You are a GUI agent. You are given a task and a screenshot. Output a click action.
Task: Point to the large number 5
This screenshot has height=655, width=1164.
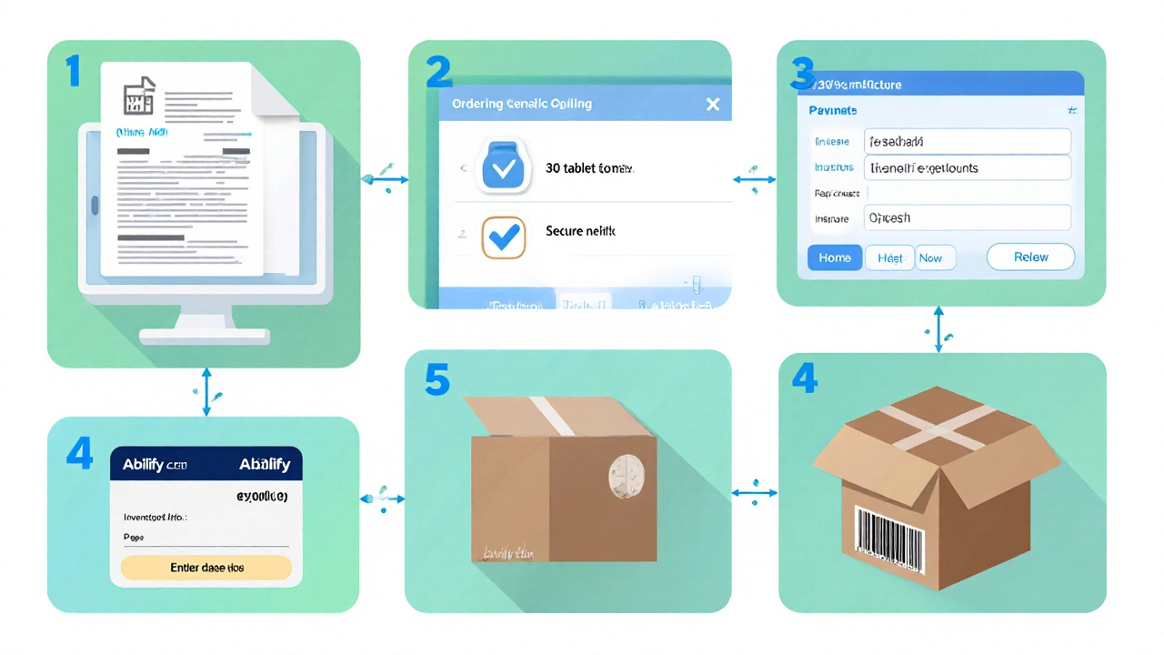[436, 380]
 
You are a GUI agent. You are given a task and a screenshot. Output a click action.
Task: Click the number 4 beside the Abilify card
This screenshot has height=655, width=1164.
[80, 452]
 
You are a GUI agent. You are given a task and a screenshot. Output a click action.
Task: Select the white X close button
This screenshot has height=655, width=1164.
[713, 104]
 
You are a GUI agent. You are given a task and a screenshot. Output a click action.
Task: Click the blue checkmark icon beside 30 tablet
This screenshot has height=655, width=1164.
[502, 168]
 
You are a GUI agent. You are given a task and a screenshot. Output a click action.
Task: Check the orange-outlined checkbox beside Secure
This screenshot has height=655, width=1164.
[502, 237]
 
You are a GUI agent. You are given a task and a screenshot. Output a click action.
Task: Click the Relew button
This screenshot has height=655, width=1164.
[1030, 257]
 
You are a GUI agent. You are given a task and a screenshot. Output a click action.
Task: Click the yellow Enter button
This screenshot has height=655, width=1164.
[206, 568]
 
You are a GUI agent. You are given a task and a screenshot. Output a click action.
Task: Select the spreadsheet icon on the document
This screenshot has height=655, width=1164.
[139, 96]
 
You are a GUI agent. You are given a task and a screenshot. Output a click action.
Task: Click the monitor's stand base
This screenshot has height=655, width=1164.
[204, 336]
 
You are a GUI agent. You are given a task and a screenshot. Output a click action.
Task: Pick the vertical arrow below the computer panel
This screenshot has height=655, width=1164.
[206, 391]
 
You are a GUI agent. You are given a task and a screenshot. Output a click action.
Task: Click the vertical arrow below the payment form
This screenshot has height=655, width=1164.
[939, 328]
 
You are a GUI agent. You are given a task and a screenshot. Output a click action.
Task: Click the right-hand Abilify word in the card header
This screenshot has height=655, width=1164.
[264, 465]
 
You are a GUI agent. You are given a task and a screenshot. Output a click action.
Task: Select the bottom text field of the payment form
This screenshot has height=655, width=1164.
[967, 218]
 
